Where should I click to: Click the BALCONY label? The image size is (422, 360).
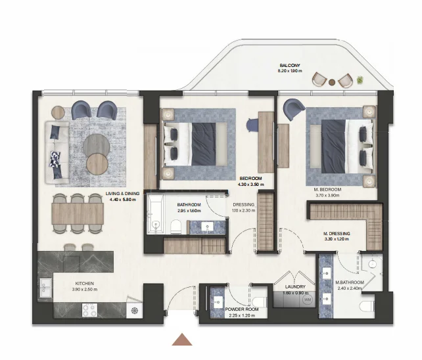[x=290, y=66]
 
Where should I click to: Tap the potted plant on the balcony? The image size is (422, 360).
[x=360, y=80]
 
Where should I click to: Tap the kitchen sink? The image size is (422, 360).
[x=45, y=287]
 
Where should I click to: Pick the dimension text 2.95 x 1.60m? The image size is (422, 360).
[x=189, y=211]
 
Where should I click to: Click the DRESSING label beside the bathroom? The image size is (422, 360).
[x=243, y=204]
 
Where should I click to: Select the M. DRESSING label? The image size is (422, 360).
[x=336, y=233]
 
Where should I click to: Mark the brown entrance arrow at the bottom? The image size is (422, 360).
[x=182, y=340]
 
